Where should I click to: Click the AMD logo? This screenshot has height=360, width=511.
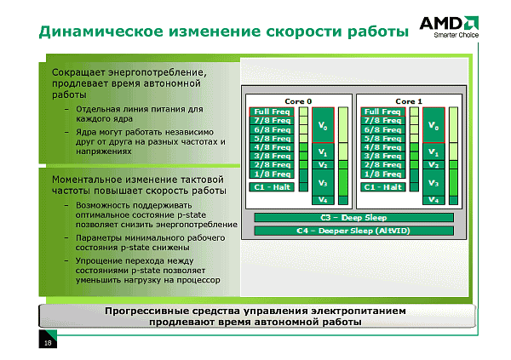coord(449,24)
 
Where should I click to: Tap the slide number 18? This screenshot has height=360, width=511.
coord(48,343)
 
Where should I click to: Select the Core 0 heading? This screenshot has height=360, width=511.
coord(298,101)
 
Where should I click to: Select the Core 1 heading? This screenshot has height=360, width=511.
coord(409,101)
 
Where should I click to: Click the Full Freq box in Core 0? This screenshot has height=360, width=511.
coord(272,111)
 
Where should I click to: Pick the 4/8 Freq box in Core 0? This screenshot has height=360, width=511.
coord(272,147)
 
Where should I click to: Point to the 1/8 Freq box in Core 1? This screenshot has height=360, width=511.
coord(383,174)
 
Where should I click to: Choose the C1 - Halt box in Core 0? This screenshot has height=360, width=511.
coord(272,187)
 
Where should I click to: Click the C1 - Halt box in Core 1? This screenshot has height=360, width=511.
coord(383,187)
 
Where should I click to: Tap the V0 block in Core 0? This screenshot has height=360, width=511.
coord(323,125)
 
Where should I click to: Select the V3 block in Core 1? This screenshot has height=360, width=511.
coord(433,183)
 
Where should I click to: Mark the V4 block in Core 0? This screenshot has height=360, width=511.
coord(323,200)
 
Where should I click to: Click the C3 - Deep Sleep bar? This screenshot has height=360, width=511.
coord(353,218)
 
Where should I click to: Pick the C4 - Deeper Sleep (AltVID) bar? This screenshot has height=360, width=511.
coord(353,231)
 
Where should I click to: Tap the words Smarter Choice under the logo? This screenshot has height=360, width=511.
coord(456,35)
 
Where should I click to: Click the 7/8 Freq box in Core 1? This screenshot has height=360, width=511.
coord(383,121)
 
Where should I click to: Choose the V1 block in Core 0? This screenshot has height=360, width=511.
coord(323,151)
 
